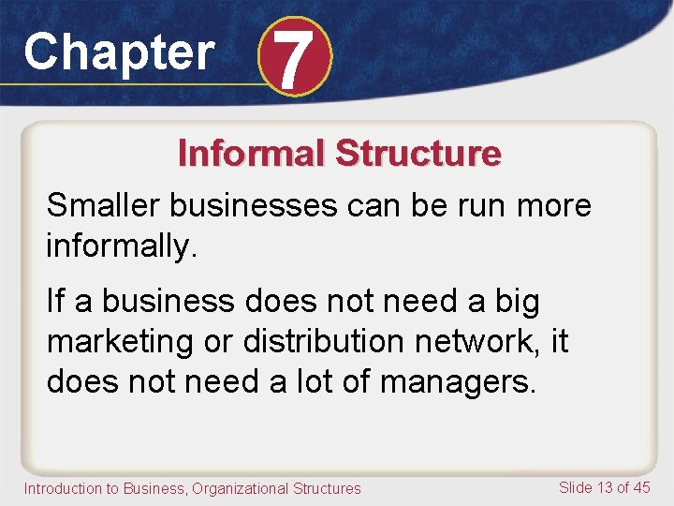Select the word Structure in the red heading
tap(418, 153)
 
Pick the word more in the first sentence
tap(557, 205)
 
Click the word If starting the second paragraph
tap(56, 302)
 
